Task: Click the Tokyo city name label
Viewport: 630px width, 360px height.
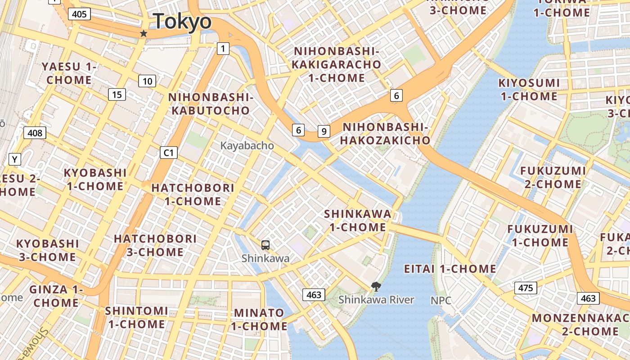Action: point(182,22)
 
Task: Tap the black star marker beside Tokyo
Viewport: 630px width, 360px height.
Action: point(144,34)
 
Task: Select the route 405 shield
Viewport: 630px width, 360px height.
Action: point(79,14)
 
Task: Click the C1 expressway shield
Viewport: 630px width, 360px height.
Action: point(169,153)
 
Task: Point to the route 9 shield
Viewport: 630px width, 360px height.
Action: point(324,131)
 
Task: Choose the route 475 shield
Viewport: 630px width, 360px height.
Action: point(526,288)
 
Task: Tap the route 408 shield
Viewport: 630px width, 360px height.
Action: point(35,133)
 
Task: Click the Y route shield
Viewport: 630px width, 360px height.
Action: point(15,159)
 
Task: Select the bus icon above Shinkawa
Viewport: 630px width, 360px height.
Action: point(265,245)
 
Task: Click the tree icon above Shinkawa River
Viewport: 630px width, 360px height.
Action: point(376,286)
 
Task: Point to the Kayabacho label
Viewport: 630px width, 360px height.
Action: point(247,146)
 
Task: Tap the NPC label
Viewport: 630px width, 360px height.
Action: point(441,300)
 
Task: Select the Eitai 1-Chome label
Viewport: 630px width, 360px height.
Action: point(450,269)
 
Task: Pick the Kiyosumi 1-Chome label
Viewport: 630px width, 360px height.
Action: point(529,90)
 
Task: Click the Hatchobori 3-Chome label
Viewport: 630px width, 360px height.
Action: point(155,245)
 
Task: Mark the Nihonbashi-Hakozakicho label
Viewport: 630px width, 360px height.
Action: point(385,134)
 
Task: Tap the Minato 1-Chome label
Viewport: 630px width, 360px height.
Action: point(260,319)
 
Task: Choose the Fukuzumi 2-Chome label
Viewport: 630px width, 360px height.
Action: point(553,177)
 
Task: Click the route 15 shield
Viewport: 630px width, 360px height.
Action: point(117,94)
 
